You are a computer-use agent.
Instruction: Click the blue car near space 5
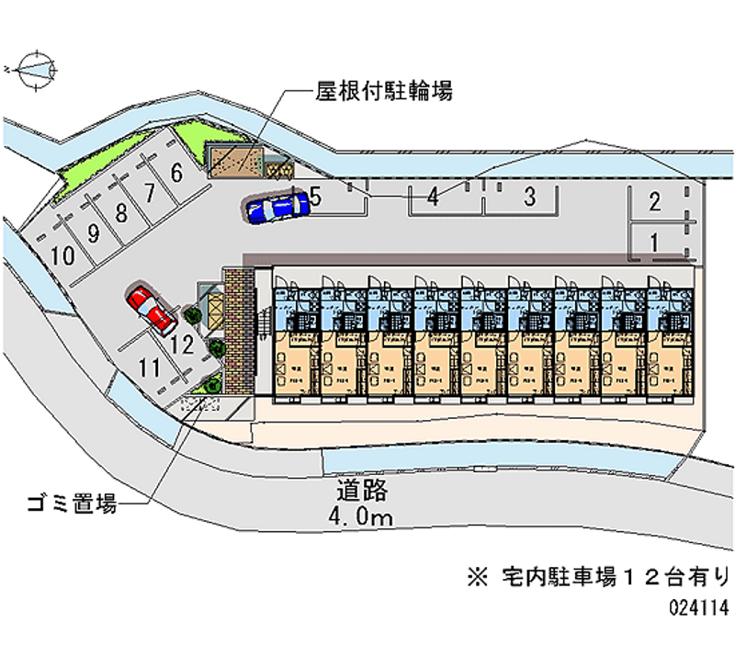pyautogui.click(x=277, y=207)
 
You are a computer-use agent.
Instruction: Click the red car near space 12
pyautogui.click(x=153, y=309)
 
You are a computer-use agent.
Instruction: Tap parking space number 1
pyautogui.click(x=654, y=243)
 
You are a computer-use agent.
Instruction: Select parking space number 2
pyautogui.click(x=654, y=202)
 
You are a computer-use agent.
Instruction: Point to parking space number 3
pyautogui.click(x=529, y=195)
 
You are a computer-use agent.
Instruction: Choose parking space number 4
pyautogui.click(x=431, y=195)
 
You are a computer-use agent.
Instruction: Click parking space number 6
pyautogui.click(x=175, y=171)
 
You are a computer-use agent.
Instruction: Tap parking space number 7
pyautogui.click(x=148, y=193)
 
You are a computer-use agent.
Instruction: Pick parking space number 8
pyautogui.click(x=120, y=214)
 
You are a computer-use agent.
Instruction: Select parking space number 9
pyautogui.click(x=93, y=233)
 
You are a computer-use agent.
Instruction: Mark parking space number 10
pyautogui.click(x=63, y=256)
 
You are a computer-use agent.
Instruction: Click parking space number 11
pyautogui.click(x=149, y=368)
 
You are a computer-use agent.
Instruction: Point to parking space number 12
pyautogui.click(x=181, y=345)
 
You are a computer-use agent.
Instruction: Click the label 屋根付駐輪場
pyautogui.click(x=383, y=90)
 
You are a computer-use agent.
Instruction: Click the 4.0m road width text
pyautogui.click(x=359, y=518)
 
